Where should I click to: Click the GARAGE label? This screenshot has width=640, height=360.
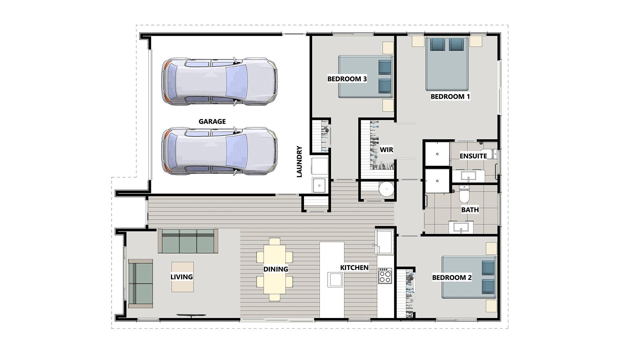point(212,122)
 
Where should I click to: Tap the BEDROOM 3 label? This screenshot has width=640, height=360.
point(347,79)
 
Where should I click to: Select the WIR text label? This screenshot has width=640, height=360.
point(387,150)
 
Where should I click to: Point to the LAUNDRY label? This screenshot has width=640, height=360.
point(299,162)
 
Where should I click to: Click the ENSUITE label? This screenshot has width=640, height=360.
point(473,156)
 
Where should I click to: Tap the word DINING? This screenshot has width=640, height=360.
point(276,269)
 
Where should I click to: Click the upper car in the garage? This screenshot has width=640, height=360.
point(219,82)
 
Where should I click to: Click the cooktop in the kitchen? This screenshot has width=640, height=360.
point(385,275)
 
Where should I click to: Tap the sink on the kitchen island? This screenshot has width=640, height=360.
point(335,279)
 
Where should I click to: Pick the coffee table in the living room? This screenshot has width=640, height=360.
point(182,277)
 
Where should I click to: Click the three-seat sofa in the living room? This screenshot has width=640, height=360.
point(188,241)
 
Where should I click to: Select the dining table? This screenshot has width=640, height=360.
point(275,269)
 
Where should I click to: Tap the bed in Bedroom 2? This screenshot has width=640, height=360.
point(468,277)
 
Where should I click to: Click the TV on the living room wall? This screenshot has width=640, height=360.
point(191,315)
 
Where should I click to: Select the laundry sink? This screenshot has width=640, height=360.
point(319,185)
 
